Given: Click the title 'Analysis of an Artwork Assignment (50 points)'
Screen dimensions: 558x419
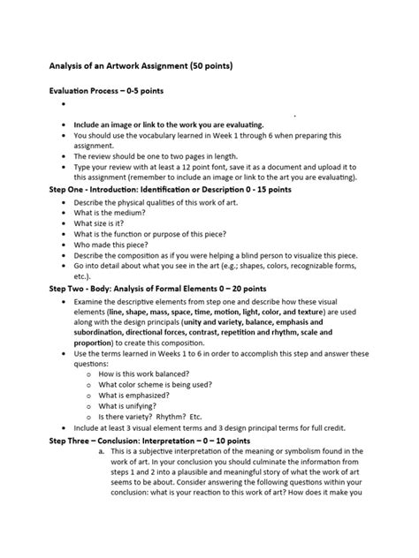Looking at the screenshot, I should [x=141, y=65].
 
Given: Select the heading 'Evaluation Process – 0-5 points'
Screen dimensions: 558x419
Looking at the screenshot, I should [x=105, y=91].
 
